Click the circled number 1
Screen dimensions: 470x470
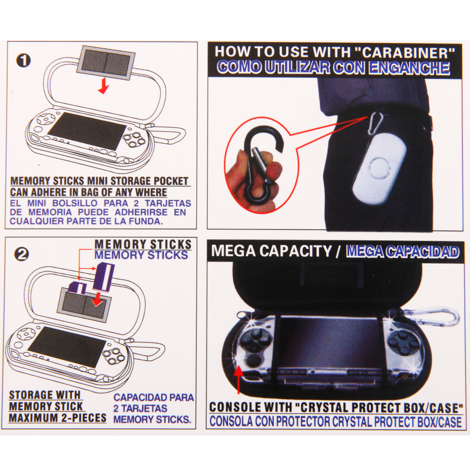[x=23, y=61]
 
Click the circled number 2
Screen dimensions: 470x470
[x=22, y=255]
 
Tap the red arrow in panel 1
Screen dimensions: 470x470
[x=104, y=86]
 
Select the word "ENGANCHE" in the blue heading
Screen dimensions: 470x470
[x=409, y=68]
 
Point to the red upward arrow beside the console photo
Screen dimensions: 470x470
[x=239, y=380]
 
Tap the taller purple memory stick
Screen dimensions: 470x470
[x=104, y=277]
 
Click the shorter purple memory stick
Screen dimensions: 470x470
[x=78, y=288]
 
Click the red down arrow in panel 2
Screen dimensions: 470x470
[x=97, y=299]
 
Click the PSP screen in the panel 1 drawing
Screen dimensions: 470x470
[x=87, y=131]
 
